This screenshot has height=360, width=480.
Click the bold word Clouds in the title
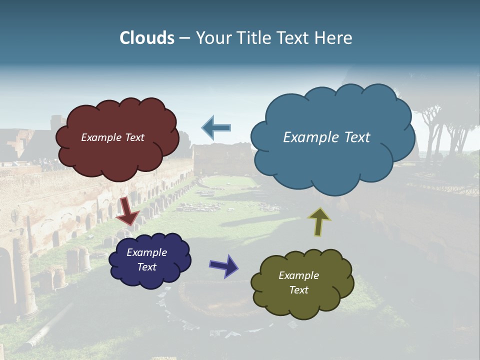click(147, 38)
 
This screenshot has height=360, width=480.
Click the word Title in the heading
click(252, 38)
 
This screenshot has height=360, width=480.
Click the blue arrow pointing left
click(216, 128)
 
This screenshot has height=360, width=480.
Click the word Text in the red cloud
click(133, 137)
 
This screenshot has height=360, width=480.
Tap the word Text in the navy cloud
click(147, 267)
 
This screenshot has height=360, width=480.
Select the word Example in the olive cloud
click(298, 275)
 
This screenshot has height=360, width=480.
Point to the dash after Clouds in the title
click(184, 38)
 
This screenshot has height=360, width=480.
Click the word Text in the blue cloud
click(356, 137)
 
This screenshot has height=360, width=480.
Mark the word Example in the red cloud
click(101, 137)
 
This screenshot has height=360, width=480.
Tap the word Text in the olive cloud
click(299, 290)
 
